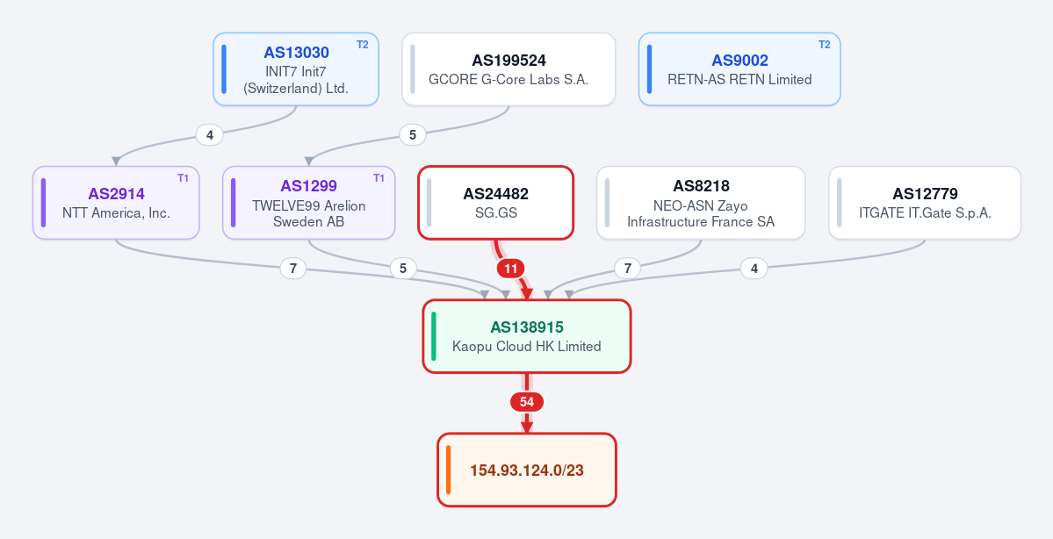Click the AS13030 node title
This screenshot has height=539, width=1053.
click(296, 53)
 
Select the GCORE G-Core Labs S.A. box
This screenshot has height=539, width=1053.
click(508, 69)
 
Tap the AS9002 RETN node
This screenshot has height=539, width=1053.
click(739, 69)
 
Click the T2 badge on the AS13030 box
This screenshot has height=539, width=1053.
click(363, 45)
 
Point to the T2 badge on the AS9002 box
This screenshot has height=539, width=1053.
click(824, 45)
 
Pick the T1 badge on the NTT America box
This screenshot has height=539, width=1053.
click(184, 178)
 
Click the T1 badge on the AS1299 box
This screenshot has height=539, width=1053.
click(379, 178)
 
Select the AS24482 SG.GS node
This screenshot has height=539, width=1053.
click(495, 203)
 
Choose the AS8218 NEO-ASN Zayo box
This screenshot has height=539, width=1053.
click(701, 203)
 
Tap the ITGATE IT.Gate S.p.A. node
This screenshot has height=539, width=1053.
click(925, 203)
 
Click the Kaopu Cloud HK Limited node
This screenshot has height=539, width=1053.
click(527, 336)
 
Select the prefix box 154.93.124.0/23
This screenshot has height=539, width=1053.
click(527, 470)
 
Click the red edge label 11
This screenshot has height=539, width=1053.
click(511, 269)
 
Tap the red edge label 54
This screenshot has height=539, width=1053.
click(527, 402)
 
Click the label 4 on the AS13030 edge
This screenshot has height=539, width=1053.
click(210, 135)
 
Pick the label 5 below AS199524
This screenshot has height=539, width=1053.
click(413, 135)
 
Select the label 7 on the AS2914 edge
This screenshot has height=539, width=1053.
click(292, 269)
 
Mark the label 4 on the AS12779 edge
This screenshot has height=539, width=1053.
click(754, 269)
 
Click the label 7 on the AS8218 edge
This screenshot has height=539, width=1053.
click(627, 269)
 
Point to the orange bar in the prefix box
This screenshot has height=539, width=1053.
click(448, 470)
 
